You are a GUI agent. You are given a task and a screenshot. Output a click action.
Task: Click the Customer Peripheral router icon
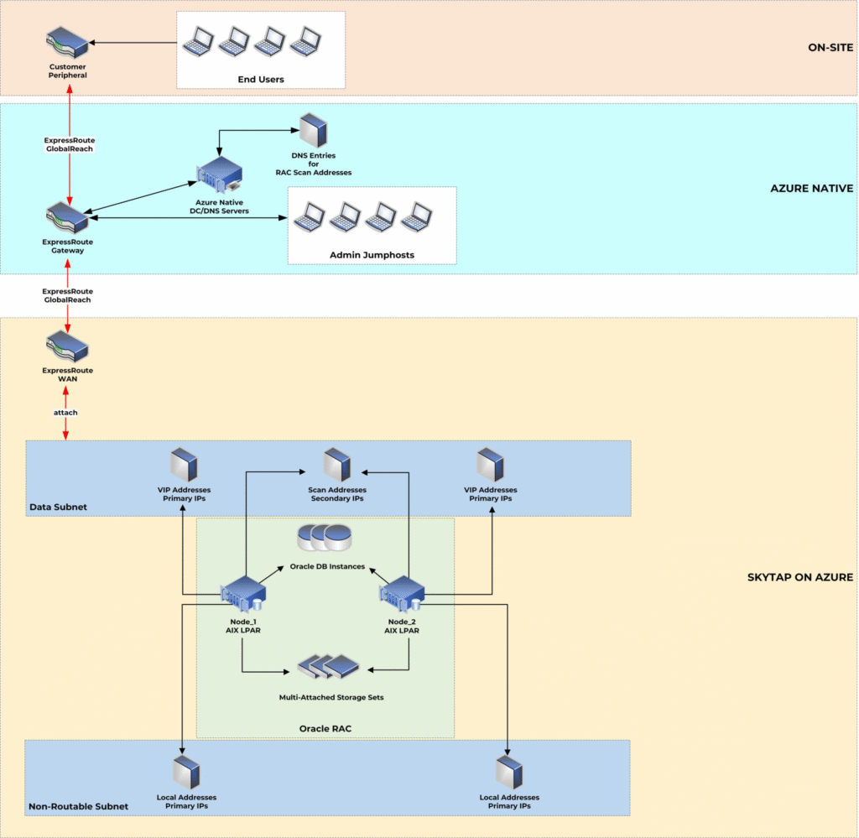coord(67,43)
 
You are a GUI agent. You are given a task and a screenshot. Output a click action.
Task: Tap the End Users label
coord(261,80)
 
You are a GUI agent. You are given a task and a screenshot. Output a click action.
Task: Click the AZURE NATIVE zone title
coord(811,189)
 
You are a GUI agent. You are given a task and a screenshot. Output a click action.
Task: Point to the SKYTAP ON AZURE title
coord(799,577)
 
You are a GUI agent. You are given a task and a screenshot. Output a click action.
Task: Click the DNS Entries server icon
coord(313,131)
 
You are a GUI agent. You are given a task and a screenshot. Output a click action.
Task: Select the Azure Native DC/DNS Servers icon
coord(220,175)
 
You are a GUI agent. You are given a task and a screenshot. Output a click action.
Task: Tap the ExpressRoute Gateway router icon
coord(67,218)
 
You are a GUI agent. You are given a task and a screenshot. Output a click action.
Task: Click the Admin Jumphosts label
coord(372,254)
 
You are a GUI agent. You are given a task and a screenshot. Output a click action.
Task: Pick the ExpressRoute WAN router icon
coord(67,346)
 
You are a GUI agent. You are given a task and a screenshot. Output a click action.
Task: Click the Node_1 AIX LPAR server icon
coord(242,596)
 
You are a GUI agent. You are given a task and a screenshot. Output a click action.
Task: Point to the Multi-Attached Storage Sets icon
coord(330,667)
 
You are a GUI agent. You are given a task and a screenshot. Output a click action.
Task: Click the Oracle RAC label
coord(325,728)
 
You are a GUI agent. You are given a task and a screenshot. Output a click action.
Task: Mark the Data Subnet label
coord(57,507)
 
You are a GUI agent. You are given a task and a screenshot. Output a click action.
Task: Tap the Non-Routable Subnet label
coord(78,806)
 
